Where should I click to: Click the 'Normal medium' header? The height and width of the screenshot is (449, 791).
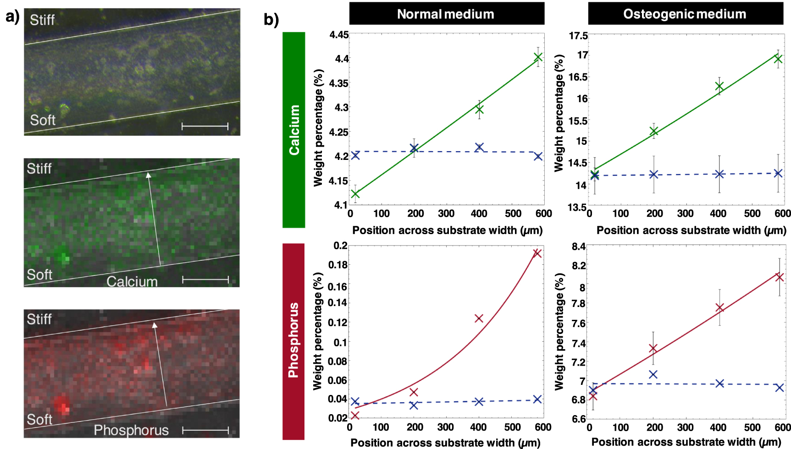(x=446, y=14)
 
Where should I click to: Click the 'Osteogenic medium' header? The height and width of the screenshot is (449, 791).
(x=685, y=14)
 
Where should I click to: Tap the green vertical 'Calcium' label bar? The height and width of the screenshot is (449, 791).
(x=293, y=130)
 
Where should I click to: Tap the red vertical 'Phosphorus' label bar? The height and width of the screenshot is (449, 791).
(x=293, y=341)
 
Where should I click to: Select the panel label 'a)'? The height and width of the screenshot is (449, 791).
(x=13, y=17)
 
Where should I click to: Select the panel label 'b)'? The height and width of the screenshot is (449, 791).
(x=271, y=20)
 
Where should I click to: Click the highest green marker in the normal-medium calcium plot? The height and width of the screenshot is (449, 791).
(x=538, y=57)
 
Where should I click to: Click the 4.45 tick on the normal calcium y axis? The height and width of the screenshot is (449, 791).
(x=339, y=35)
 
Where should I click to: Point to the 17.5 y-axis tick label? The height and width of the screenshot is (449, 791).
(x=578, y=36)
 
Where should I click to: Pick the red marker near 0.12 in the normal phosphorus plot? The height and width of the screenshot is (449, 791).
(x=479, y=318)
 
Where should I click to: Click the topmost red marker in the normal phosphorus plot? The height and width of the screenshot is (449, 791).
(x=537, y=253)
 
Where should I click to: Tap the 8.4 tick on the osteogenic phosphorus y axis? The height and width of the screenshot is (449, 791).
(x=579, y=247)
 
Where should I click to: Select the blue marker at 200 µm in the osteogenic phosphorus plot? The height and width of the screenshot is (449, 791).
(x=653, y=374)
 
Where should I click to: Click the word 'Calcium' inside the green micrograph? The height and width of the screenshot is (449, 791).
(x=132, y=281)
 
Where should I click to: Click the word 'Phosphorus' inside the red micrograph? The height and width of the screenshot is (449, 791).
(x=131, y=430)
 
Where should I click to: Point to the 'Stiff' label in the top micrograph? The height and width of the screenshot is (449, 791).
(x=42, y=20)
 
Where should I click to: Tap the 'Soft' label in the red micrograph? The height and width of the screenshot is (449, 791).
(x=39, y=419)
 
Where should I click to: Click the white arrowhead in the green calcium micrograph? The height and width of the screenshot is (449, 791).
(x=148, y=175)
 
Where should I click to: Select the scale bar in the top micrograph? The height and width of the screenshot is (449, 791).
(x=205, y=126)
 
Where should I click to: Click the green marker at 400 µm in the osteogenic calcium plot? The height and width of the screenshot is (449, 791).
(x=719, y=86)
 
